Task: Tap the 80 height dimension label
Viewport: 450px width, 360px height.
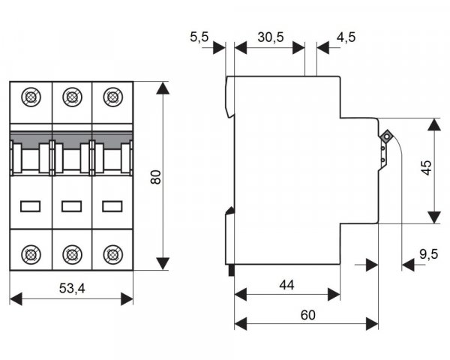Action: (155, 176)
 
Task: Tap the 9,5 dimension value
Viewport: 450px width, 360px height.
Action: (428, 254)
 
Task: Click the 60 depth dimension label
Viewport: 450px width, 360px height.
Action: (307, 314)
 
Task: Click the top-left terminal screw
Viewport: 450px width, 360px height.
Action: (31, 97)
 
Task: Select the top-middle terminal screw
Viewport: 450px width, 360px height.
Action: (72, 97)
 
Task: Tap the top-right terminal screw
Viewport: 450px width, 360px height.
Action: (112, 97)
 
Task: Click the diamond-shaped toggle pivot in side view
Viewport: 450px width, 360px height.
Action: (385, 136)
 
